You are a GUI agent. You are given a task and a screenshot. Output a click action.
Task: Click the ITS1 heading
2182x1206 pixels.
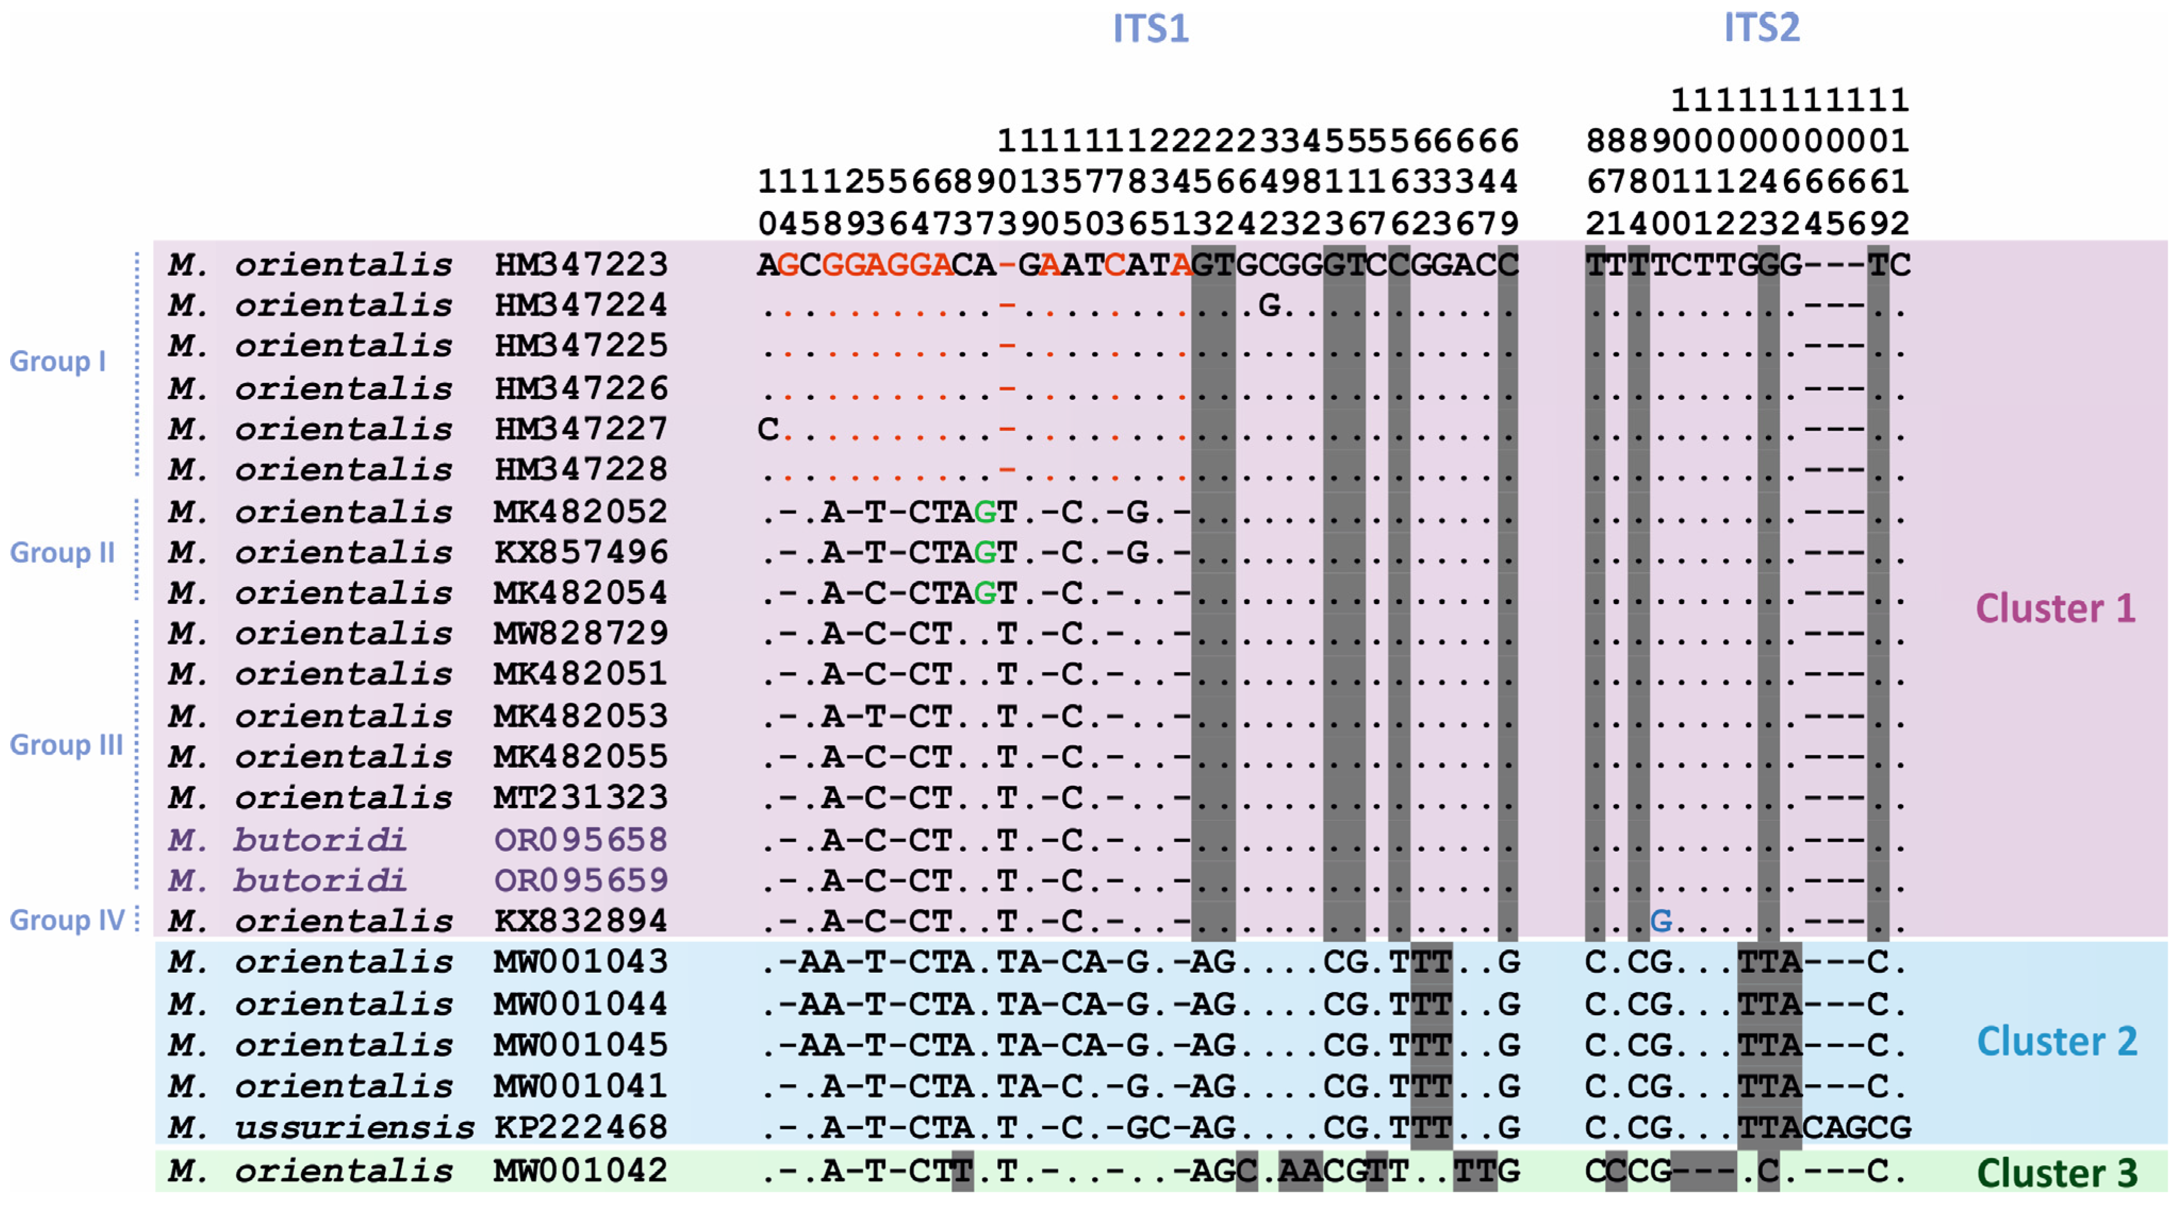pos(1150,29)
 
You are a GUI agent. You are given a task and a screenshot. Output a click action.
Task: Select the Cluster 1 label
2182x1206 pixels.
pos(2055,609)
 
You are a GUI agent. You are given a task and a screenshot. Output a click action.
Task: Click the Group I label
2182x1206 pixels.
pos(58,362)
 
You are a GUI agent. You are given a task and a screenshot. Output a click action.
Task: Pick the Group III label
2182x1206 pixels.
pos(66,745)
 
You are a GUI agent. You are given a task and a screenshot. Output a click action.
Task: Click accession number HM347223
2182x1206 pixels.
pos(581,265)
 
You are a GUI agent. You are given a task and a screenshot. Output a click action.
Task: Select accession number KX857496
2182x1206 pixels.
pos(581,553)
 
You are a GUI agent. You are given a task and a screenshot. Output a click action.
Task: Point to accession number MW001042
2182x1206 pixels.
pos(581,1171)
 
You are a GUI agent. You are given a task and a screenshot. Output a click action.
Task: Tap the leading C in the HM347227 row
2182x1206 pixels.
pos(768,429)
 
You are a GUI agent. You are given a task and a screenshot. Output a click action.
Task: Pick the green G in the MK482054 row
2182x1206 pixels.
pos(985,593)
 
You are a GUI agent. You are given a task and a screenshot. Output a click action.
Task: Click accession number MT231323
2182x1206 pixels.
pos(581,798)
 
